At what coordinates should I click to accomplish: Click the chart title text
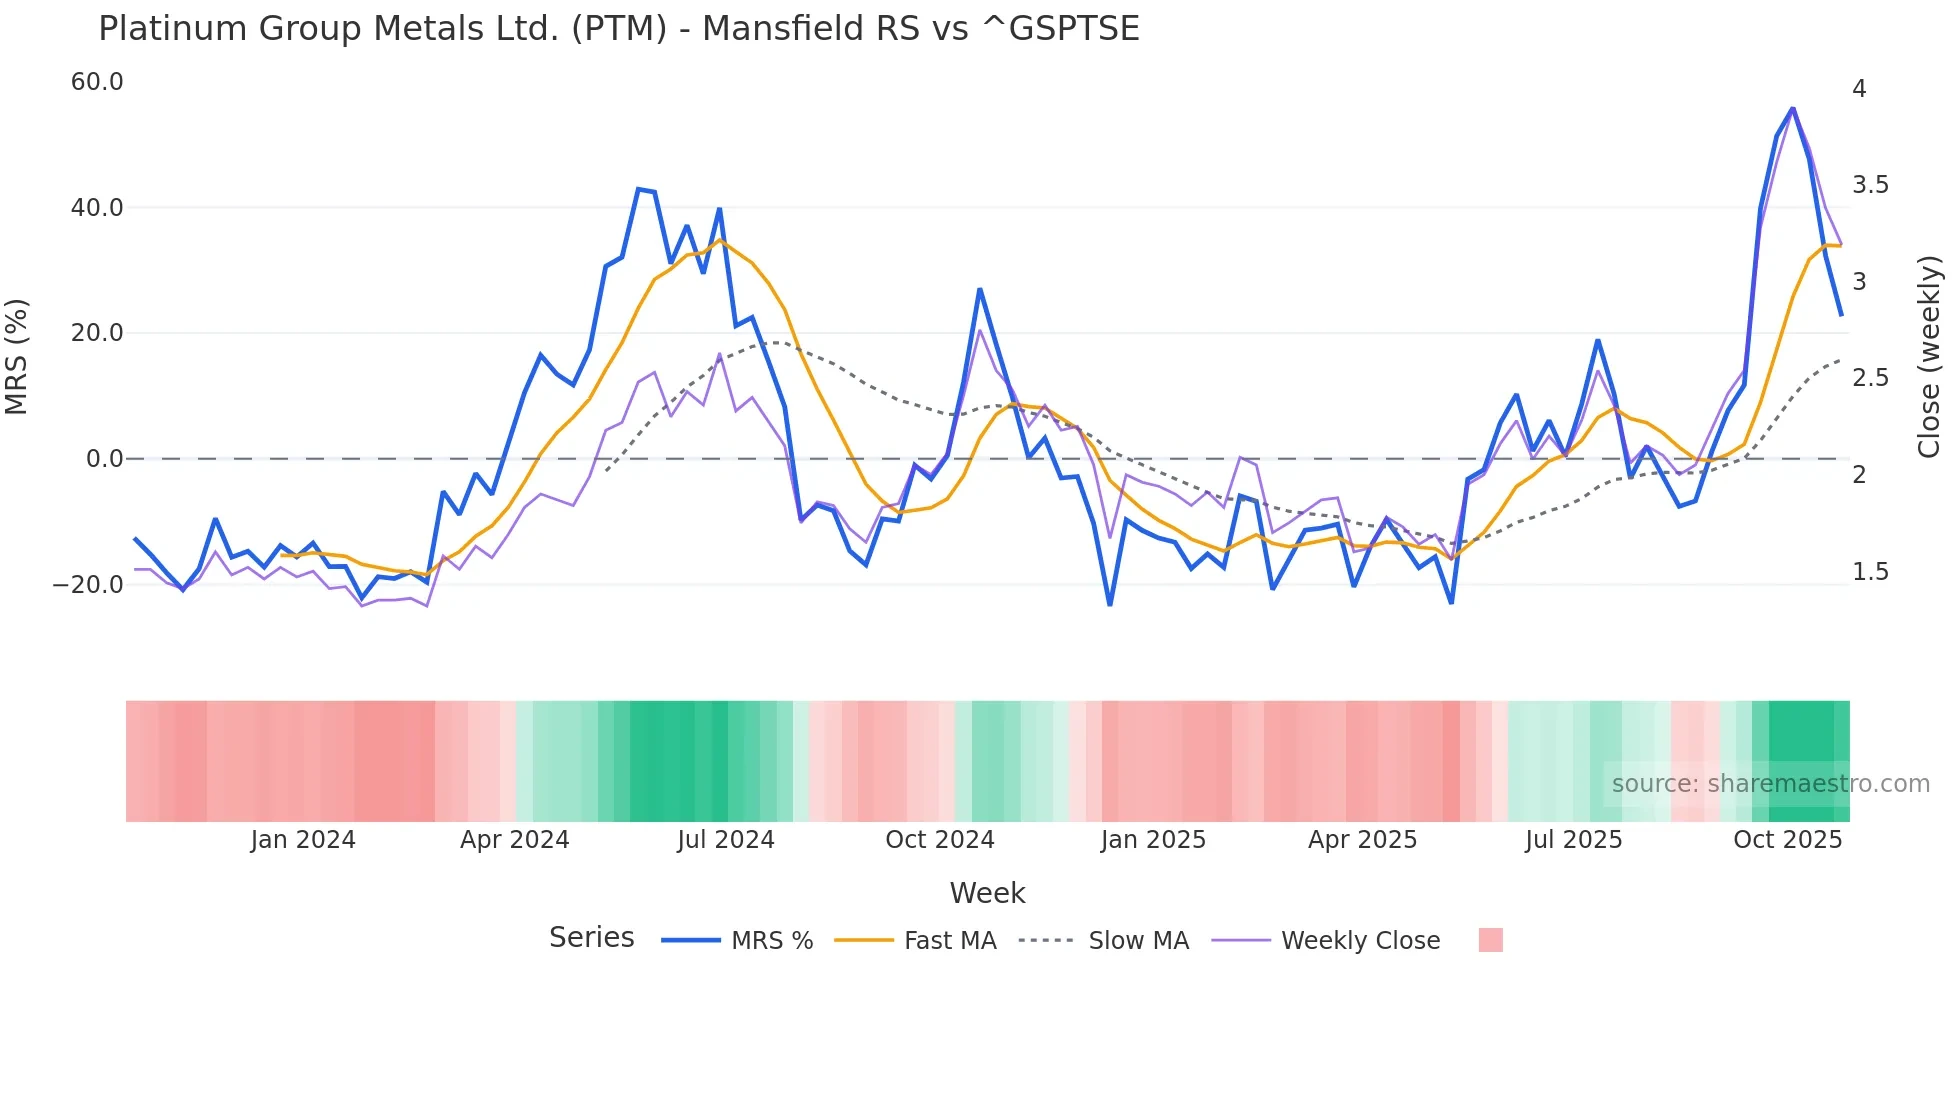618,29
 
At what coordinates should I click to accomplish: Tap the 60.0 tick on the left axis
97,82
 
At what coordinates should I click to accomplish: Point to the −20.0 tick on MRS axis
88,585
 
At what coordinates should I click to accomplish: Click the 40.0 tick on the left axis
97,208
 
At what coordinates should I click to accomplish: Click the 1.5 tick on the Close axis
1870,572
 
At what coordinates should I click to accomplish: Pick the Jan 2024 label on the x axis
303,840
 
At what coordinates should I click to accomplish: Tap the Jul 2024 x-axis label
726,840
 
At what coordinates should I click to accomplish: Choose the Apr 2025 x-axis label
1362,840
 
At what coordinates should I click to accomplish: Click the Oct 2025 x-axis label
1787,840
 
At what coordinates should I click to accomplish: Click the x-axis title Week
987,893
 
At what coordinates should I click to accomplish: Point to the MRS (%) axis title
17,357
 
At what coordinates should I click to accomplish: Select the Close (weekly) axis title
1929,357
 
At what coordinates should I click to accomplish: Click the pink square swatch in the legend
1490,941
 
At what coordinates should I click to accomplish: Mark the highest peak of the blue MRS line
1793,108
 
